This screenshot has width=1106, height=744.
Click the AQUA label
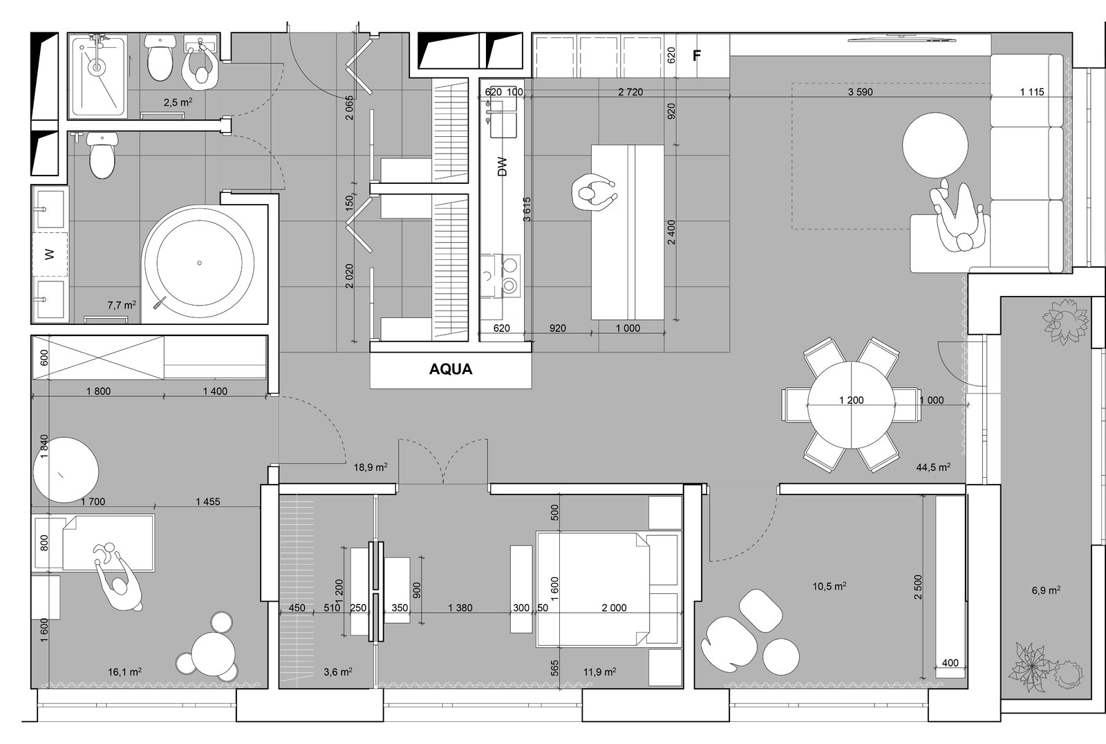pos(450,369)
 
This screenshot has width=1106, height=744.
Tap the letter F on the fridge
pos(697,56)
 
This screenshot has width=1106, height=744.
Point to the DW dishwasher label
pos(502,167)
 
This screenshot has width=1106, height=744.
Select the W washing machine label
pos(49,254)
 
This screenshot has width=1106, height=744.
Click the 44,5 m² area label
pos(934,467)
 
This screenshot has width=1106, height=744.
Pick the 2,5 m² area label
pos(178,102)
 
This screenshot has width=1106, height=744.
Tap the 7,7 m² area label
pos(122,306)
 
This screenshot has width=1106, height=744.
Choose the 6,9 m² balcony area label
pos(1047,590)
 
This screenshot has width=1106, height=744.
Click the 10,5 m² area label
pos(829,586)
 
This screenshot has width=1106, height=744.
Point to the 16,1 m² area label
pos(125,672)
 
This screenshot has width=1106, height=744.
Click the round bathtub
pos(200,263)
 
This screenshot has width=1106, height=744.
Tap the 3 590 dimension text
pos(861,92)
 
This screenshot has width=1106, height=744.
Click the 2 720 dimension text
pos(630,92)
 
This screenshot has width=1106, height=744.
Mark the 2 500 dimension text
pos(918,587)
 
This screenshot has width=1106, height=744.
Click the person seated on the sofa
pos(956,217)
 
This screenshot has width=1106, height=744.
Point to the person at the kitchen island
pos(594,193)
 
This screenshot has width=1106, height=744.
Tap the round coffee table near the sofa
pos(935,145)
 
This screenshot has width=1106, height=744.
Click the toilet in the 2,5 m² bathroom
pos(160,57)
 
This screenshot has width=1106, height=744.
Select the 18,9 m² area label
pos(371,467)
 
